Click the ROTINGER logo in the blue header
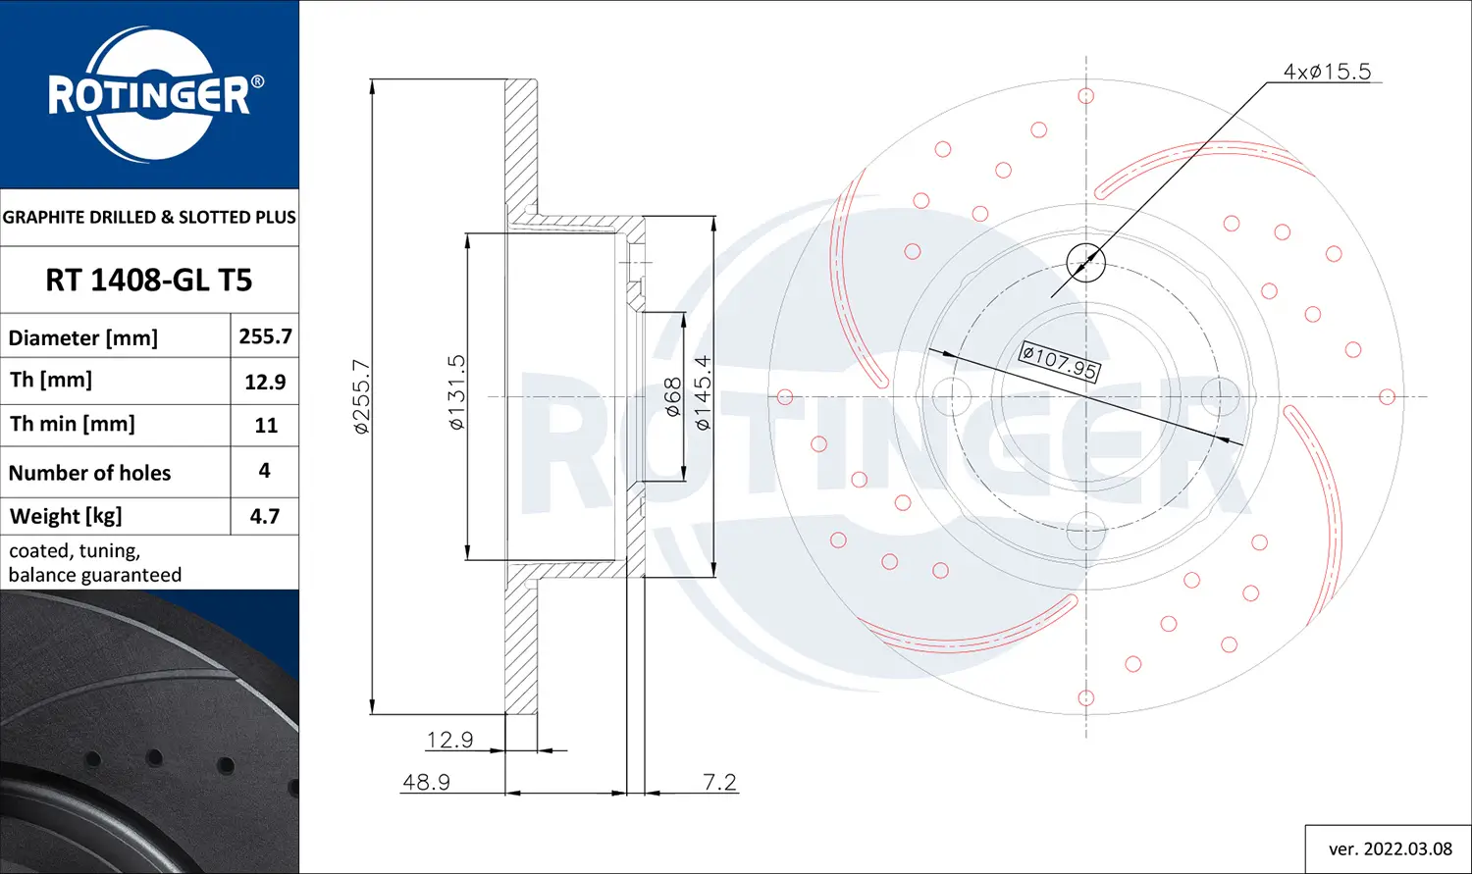[149, 95]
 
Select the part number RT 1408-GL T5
[149, 281]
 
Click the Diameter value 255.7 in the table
[265, 336]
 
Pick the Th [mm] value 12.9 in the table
[265, 382]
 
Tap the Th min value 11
[266, 426]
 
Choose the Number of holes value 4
[264, 471]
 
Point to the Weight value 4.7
[265, 516]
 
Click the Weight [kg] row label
[66, 516]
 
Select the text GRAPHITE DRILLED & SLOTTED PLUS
[149, 217]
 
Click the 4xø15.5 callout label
[1327, 72]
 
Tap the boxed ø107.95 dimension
[1059, 361]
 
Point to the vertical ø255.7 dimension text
[361, 396]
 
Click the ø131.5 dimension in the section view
[457, 392]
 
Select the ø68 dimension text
[673, 397]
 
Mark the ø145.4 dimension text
[703, 392]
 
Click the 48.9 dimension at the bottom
[426, 782]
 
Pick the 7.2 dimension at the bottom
[719, 782]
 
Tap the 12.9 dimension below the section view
[449, 740]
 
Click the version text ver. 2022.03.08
[1390, 848]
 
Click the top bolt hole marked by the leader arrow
[1085, 262]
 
